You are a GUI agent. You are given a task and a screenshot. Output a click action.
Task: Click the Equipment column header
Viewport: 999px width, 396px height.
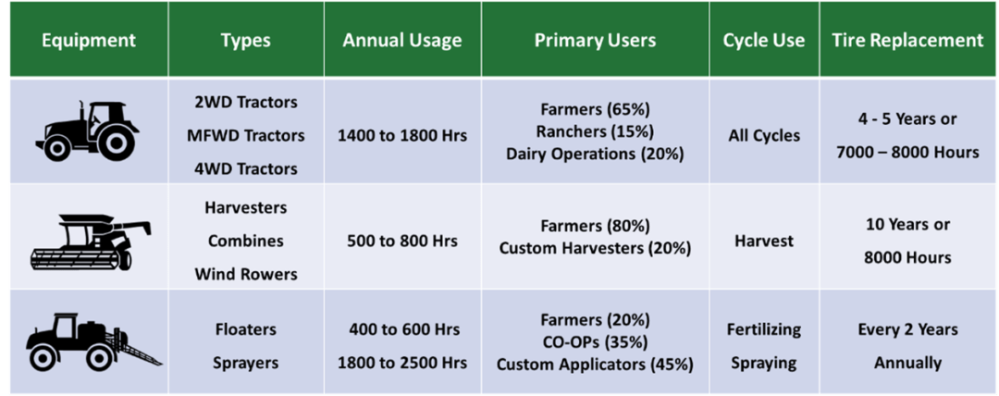(88, 41)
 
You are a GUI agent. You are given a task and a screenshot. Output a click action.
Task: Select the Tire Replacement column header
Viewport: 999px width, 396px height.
(907, 41)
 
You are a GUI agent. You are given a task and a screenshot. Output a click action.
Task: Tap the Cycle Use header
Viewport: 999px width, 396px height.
(763, 41)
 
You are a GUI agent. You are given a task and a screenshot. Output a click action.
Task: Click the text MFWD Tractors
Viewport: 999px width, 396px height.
(245, 135)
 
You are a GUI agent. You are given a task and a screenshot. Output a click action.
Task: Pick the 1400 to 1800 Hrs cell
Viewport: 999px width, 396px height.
(402, 135)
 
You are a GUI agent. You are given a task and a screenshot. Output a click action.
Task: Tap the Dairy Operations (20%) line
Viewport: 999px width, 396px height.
(595, 155)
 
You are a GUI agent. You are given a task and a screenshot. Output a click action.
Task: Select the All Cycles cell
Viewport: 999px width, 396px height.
(764, 135)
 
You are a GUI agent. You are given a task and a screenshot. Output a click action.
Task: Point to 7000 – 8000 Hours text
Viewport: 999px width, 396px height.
(908, 153)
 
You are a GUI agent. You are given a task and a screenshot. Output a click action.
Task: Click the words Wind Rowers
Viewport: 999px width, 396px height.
(245, 274)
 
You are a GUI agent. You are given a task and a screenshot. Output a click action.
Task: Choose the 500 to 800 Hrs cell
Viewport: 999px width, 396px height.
(402, 241)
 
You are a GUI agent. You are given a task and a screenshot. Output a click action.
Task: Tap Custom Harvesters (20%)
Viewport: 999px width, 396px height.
(595, 249)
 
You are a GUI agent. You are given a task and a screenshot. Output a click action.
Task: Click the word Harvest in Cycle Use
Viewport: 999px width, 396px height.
(764, 241)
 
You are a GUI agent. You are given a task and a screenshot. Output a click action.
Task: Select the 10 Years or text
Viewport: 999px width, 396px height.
(908, 224)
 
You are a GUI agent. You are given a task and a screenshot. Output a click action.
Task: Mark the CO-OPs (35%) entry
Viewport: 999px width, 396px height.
(595, 342)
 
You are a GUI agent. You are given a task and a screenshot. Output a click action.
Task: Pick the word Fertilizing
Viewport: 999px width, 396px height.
(764, 329)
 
